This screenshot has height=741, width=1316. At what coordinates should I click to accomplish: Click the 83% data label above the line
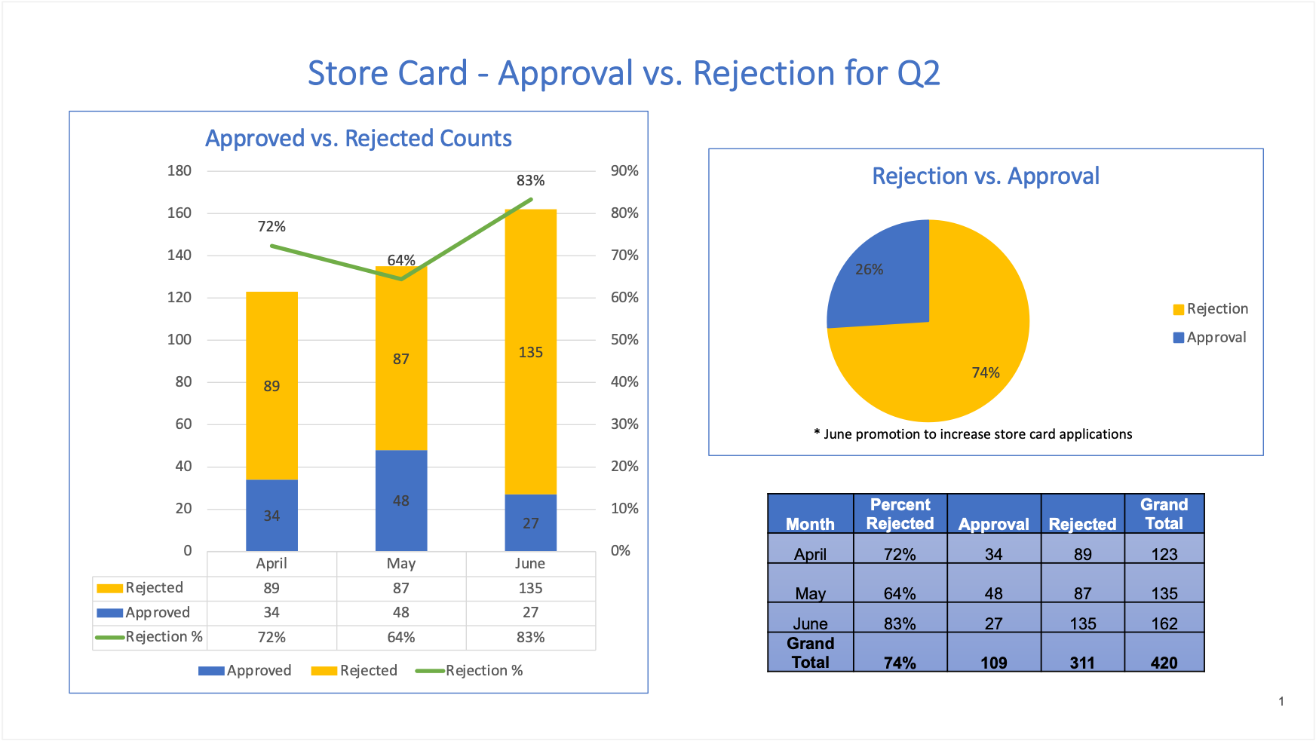[530, 181]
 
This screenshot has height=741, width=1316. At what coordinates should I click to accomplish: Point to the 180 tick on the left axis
[179, 171]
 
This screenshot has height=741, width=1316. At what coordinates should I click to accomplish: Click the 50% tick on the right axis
[624, 340]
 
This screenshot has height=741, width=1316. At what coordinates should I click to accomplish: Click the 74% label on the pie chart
[985, 373]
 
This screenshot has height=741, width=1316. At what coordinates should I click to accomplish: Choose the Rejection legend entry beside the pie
[1210, 309]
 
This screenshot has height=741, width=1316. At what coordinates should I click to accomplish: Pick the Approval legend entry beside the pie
[1210, 338]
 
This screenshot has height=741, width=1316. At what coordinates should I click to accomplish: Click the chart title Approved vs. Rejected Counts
[358, 139]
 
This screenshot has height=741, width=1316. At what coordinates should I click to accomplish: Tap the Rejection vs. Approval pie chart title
[985, 176]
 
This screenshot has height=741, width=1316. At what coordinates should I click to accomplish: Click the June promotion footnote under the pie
[973, 434]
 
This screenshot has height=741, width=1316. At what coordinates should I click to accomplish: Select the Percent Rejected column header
[900, 514]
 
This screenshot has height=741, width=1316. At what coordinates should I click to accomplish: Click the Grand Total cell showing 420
[1164, 663]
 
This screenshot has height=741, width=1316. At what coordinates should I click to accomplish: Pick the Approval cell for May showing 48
[993, 593]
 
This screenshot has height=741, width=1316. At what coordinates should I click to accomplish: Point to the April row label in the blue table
[810, 554]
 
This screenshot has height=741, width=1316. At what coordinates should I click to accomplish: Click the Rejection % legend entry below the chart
[470, 671]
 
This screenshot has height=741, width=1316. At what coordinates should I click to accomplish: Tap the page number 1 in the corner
[1281, 702]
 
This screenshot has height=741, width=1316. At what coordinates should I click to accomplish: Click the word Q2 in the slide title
[918, 74]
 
